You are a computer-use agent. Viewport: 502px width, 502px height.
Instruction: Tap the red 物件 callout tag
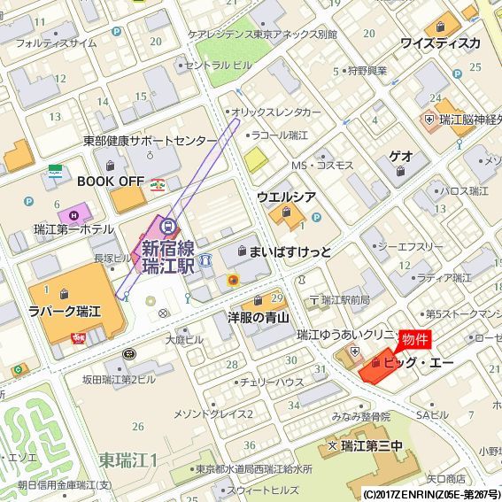click(415, 340)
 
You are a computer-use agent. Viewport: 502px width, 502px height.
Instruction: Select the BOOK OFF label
click(111, 180)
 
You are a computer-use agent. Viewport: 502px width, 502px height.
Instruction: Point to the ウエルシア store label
click(287, 196)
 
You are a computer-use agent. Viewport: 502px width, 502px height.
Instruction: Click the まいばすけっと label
click(290, 252)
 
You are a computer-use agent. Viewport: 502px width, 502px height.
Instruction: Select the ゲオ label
click(401, 156)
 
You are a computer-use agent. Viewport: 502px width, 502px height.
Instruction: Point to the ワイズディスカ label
click(440, 42)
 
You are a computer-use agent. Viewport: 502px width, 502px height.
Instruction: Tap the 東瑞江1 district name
click(128, 460)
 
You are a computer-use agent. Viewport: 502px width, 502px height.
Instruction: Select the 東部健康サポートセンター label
click(150, 141)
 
